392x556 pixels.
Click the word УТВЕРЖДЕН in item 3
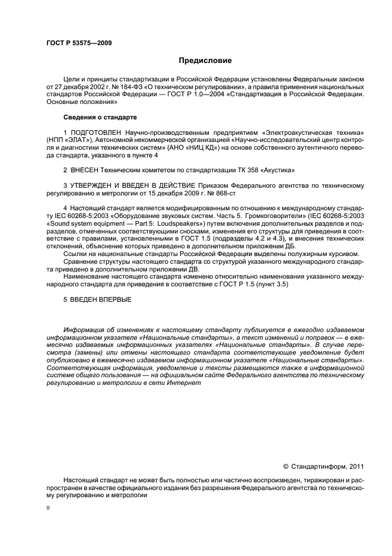(96, 185)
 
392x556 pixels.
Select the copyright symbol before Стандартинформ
(285, 466)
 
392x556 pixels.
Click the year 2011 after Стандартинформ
(352, 466)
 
